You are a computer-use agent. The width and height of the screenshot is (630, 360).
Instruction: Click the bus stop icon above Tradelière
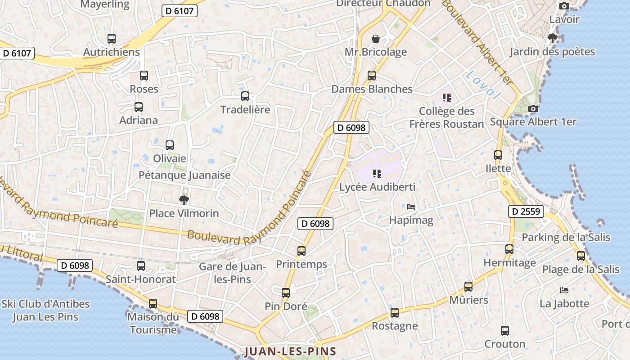pos(245,96)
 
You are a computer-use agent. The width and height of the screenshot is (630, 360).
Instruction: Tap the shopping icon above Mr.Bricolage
pos(376,39)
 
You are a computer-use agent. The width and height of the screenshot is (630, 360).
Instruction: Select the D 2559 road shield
pos(526,211)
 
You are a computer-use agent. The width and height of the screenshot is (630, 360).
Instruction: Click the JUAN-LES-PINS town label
pos(290,351)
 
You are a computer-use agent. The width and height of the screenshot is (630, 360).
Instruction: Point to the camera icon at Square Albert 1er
pos(533,108)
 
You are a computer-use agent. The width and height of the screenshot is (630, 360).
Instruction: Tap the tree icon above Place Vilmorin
pos(184,200)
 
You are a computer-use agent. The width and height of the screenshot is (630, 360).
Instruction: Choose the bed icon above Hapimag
pos(411,207)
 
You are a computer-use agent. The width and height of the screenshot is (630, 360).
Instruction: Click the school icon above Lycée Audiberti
pos(377,173)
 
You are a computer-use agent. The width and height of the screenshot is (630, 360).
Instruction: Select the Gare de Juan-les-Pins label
pos(232,273)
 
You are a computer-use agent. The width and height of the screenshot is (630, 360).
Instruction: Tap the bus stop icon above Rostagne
pos(395,312)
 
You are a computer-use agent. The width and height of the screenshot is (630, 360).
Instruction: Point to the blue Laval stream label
pos(483,85)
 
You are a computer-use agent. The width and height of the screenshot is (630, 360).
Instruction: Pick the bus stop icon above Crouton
pos(505,331)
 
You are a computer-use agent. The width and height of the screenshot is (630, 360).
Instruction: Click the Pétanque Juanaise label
pos(184,175)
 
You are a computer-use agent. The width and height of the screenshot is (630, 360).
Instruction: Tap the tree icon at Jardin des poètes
pos(552,38)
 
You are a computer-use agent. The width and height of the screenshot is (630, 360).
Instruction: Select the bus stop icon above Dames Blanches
pos(372,76)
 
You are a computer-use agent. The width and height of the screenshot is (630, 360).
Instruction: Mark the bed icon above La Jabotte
pos(564,290)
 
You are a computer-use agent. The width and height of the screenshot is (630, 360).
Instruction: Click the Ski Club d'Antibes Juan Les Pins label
pos(45,310)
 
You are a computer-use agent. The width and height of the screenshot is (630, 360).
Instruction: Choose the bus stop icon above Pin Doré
pos(286,293)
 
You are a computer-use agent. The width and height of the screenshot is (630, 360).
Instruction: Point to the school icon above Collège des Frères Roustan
pos(446,97)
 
